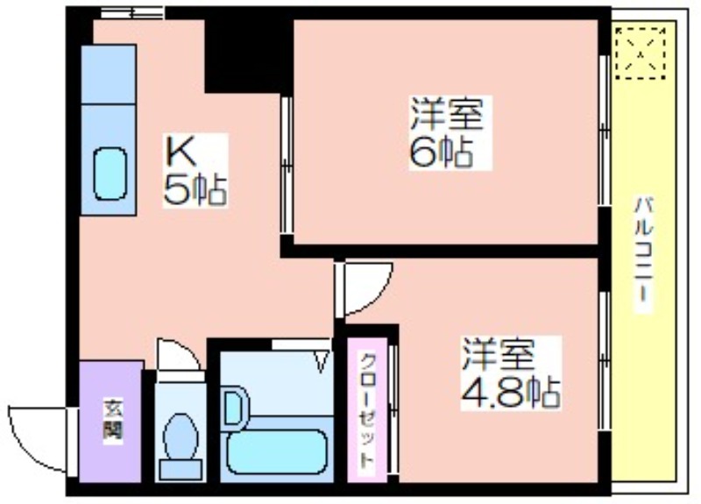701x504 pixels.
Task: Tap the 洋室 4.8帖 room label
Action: point(511,373)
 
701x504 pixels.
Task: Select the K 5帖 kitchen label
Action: point(195,170)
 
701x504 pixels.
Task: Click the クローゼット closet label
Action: point(367,410)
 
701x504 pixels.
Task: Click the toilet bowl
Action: point(181,437)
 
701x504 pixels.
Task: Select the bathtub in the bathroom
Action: point(277,452)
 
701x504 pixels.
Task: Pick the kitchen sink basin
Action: point(110,174)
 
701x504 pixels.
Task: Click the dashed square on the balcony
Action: point(641,53)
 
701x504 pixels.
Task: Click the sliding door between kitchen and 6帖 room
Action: point(287,165)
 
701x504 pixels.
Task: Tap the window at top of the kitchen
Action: point(132,12)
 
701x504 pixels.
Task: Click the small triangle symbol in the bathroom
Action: point(322,361)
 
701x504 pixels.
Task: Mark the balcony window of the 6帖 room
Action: point(605,131)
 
